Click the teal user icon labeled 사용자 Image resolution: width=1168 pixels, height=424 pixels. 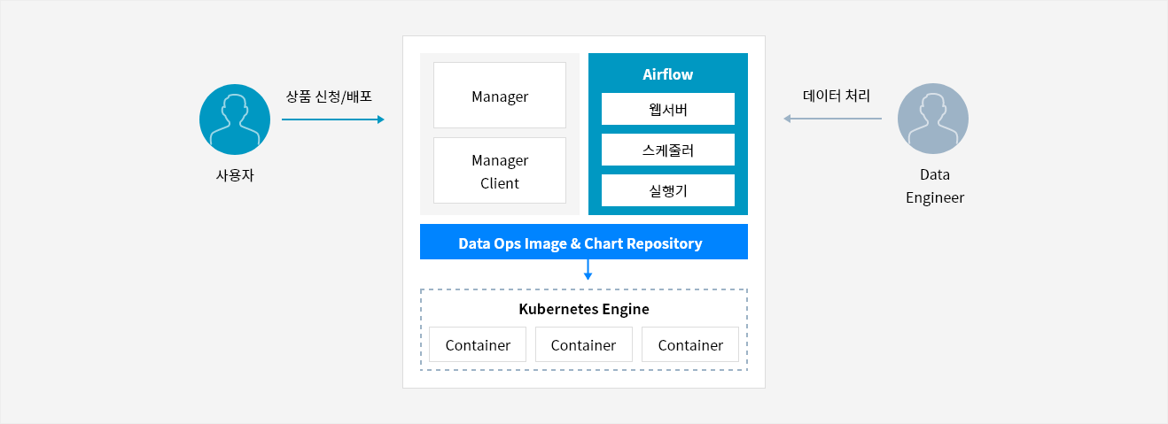(x=235, y=119)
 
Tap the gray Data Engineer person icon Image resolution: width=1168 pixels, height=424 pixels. (x=933, y=119)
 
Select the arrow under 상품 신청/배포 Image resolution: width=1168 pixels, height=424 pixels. (x=332, y=119)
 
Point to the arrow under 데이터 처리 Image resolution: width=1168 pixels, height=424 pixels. (x=832, y=119)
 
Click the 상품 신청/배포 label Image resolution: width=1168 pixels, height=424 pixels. (x=329, y=96)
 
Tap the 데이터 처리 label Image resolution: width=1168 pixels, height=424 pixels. (x=837, y=96)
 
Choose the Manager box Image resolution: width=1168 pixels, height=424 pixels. (x=500, y=96)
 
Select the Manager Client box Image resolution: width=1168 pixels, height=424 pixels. (x=500, y=170)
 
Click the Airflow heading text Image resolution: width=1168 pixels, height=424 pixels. (x=668, y=74)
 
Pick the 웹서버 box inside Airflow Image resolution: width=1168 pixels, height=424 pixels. (x=668, y=109)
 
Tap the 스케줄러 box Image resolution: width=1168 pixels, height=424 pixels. (x=668, y=150)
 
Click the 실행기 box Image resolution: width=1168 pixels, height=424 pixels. (x=668, y=190)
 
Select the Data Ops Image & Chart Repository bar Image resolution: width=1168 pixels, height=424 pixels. (x=583, y=242)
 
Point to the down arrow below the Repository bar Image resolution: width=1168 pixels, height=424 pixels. (x=588, y=270)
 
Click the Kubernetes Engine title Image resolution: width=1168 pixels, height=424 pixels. (x=584, y=309)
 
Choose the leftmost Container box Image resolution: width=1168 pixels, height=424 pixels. (x=478, y=344)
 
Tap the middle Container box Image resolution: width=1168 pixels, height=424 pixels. (x=584, y=344)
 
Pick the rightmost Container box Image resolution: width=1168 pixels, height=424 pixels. (x=690, y=344)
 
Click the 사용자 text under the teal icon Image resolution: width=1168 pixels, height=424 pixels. (x=235, y=175)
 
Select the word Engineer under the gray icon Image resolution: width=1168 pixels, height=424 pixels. (x=935, y=198)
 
